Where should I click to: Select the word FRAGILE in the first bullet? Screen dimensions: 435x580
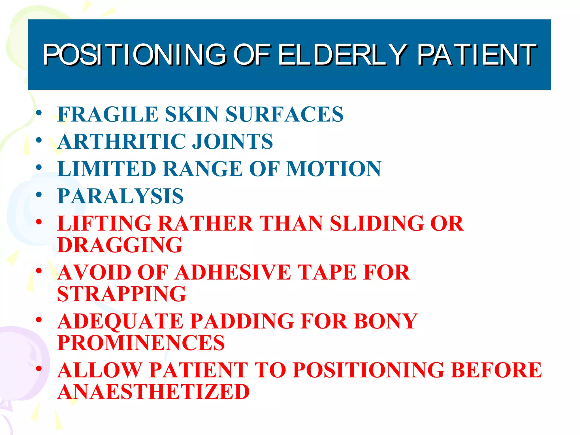108,114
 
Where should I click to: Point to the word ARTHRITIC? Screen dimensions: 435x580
122,141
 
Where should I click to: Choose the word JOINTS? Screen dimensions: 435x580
232,141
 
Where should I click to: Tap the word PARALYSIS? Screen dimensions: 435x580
121,196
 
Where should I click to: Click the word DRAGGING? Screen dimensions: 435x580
120,245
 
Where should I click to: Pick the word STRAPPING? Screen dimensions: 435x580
122,294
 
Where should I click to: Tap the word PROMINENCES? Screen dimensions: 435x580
141,343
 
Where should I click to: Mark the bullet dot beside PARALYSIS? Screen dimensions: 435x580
39,195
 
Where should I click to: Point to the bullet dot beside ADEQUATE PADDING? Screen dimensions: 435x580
39,320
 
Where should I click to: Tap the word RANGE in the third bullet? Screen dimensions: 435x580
202,169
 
